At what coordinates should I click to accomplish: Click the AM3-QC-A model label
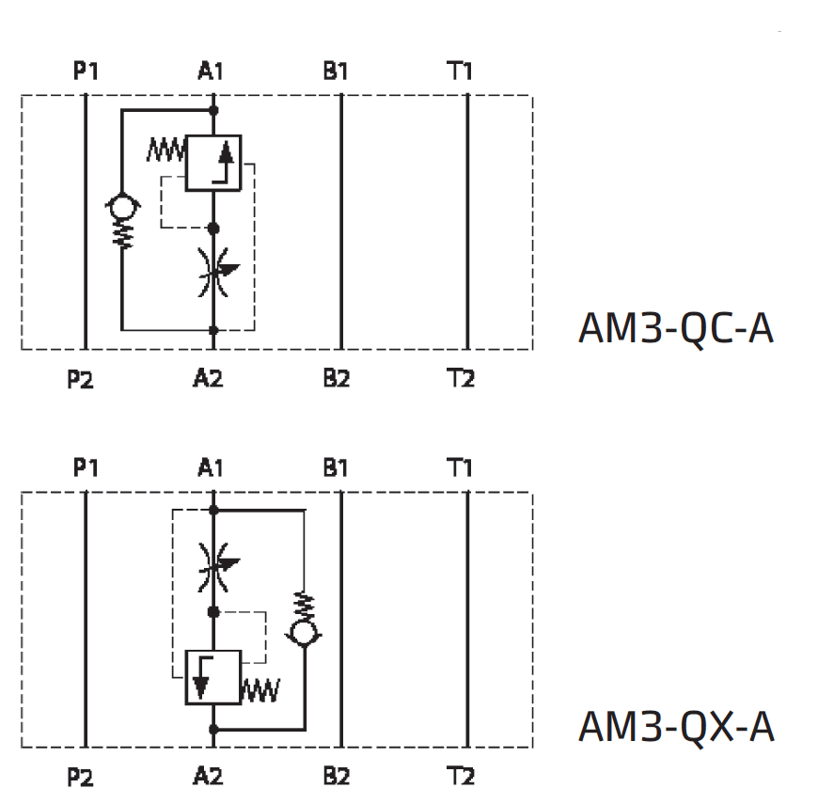675,329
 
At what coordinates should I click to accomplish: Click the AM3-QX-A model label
675,727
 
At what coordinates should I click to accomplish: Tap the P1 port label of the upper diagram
87,71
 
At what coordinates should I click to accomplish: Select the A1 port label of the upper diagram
211,71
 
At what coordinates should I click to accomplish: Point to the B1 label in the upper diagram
336,71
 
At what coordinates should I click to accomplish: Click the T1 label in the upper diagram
460,71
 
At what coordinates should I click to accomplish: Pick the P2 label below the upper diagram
81,381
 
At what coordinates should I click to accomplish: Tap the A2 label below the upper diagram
208,379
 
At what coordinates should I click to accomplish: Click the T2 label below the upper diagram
461,379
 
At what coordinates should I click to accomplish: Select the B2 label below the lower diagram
337,777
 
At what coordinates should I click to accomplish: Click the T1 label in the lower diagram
460,468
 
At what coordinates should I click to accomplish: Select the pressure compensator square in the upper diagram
213,164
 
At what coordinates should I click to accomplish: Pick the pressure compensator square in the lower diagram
213,677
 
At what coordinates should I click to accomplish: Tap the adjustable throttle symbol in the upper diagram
214,272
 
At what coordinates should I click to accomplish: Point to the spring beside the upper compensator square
166,148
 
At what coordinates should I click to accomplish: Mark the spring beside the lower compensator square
260,692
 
